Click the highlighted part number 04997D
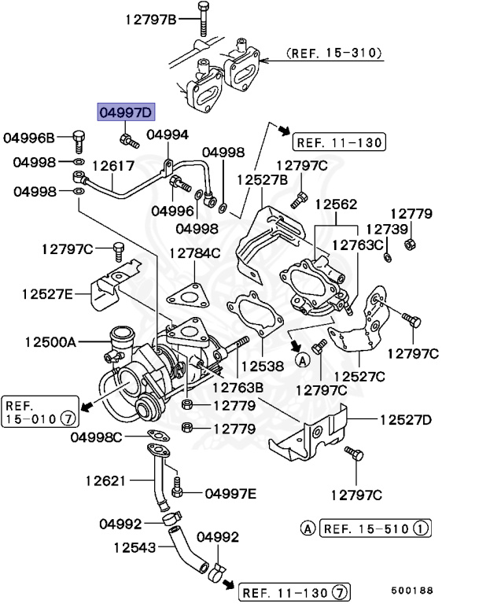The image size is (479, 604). pyautogui.click(x=123, y=112)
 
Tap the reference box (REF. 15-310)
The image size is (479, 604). pyautogui.click(x=335, y=53)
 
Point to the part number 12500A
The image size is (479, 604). pyautogui.click(x=50, y=342)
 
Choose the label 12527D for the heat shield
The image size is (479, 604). pyautogui.click(x=406, y=419)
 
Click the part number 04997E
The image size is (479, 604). pyautogui.click(x=230, y=493)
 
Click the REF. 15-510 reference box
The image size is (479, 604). pyautogui.click(x=375, y=528)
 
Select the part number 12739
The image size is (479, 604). pyautogui.click(x=387, y=229)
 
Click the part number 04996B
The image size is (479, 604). pyautogui.click(x=29, y=138)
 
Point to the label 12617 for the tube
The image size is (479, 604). pyautogui.click(x=113, y=166)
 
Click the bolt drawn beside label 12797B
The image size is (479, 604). pyautogui.click(x=203, y=17)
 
